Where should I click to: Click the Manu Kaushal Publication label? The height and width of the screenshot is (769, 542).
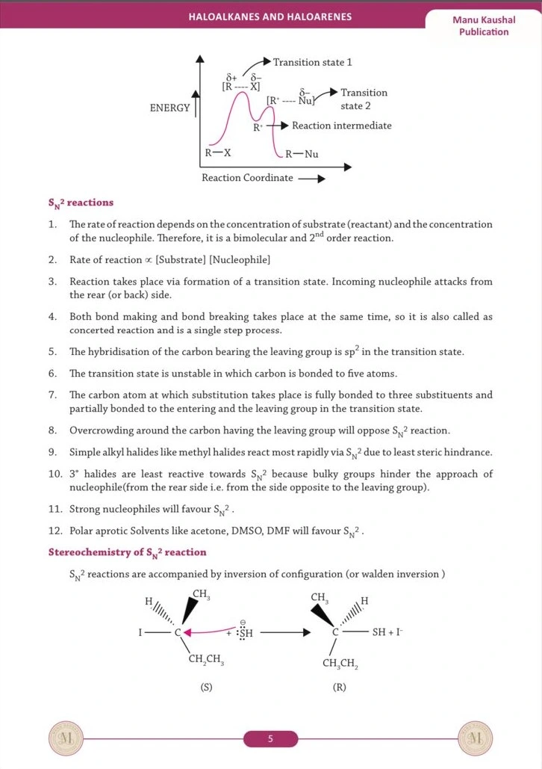[x=483, y=25]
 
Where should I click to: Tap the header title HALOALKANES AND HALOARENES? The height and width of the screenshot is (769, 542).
[x=270, y=16]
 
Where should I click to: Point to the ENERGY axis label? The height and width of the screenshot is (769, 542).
[x=169, y=108]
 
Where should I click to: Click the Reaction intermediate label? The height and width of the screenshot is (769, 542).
[x=341, y=126]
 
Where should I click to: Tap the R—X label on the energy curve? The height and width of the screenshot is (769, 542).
[x=218, y=153]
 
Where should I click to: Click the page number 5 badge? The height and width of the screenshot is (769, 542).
[x=270, y=739]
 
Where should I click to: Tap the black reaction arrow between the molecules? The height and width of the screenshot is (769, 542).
[x=284, y=633]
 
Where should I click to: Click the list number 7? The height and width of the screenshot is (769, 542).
[x=52, y=395]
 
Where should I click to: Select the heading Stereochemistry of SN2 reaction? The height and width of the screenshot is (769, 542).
[x=127, y=553]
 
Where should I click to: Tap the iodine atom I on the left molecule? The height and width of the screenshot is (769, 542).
[x=140, y=633]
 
